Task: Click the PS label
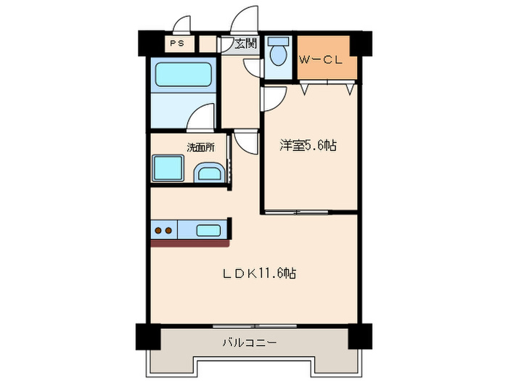(x=176, y=44)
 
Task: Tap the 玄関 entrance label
(x=245, y=44)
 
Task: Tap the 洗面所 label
(x=201, y=147)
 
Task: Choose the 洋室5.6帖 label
(x=309, y=146)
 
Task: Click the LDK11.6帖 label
(x=259, y=274)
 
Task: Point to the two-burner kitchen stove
(x=163, y=232)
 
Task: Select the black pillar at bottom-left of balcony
(x=147, y=335)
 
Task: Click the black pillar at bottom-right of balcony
(x=359, y=335)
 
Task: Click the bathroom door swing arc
(x=203, y=116)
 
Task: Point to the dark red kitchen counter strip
(x=192, y=243)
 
